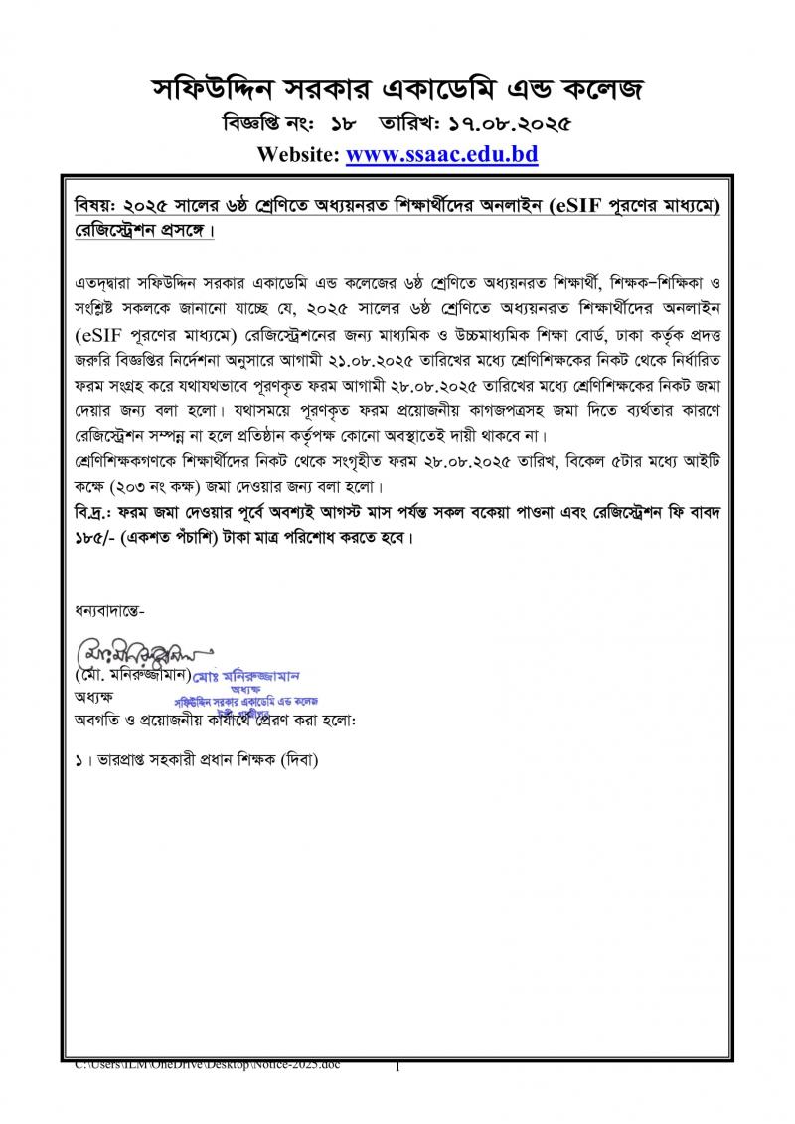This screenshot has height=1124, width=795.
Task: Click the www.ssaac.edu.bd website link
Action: [x=442, y=155]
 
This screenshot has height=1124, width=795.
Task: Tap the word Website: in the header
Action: [x=298, y=155]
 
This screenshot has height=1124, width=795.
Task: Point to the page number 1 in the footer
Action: [x=397, y=1067]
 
